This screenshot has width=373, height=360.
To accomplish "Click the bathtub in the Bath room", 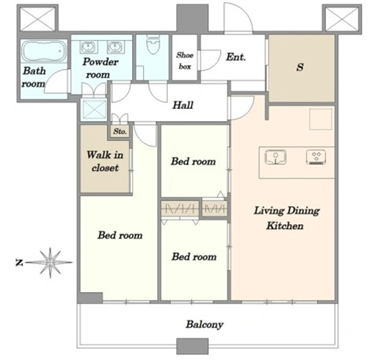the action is (44, 51).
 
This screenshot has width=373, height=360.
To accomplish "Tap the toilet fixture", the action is (153, 44).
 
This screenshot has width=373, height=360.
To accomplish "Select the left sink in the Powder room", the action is (88, 47).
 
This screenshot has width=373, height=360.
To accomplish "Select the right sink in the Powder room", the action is (116, 47).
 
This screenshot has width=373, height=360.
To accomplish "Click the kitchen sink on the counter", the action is (275, 157).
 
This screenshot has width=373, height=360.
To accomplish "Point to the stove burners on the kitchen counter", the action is (316, 158).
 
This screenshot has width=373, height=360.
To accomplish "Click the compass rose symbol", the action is (51, 262).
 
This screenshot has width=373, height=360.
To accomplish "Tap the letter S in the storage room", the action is (300, 67).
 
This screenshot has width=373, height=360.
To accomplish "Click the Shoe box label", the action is (185, 60).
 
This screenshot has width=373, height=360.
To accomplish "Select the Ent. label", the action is (236, 58).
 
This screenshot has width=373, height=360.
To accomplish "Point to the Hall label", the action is (183, 105).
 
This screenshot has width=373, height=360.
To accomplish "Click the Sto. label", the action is (120, 131).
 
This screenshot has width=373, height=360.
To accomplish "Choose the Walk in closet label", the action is (105, 161).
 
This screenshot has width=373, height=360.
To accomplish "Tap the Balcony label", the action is (204, 324).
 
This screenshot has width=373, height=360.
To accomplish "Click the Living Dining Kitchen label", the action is (286, 218).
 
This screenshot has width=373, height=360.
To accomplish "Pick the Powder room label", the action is (100, 68).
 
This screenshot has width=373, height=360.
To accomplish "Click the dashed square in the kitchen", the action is (321, 119).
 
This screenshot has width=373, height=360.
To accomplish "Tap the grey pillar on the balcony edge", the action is (192, 346).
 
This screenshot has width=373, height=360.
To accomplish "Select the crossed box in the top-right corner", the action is (342, 19).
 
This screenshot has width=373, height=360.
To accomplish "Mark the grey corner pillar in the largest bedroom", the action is (90, 298).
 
